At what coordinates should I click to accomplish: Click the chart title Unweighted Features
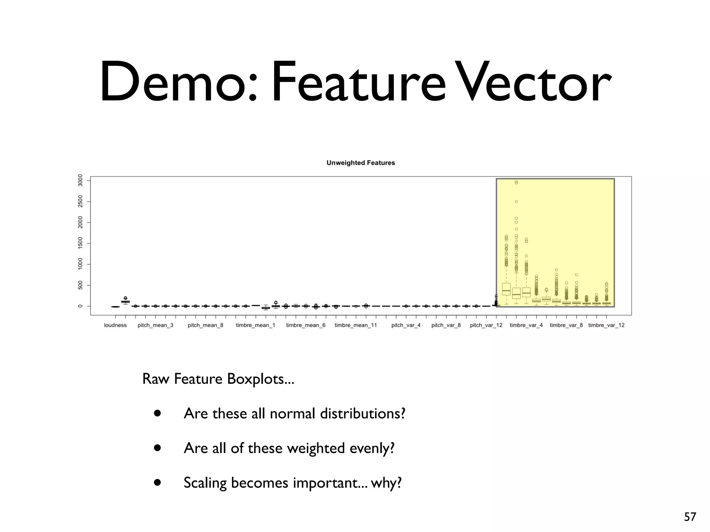tap(361, 163)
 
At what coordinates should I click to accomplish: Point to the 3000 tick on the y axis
tap(80, 180)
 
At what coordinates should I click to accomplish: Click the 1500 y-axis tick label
tap(80, 243)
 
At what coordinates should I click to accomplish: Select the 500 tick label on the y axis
tap(80, 285)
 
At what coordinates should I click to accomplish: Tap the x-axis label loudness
tap(115, 325)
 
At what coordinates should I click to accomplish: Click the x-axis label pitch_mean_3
tap(155, 325)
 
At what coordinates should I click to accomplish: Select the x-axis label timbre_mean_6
tap(305, 325)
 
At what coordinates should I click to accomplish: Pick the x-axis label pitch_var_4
tap(406, 325)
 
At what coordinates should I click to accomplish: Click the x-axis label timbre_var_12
tap(606, 325)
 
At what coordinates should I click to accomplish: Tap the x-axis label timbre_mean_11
tap(355, 325)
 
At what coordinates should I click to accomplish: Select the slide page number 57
tap(690, 517)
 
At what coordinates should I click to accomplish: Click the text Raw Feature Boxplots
tap(218, 379)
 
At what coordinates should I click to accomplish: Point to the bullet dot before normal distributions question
tap(158, 413)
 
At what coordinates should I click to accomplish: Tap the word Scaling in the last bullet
tap(205, 483)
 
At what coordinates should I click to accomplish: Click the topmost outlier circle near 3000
tap(516, 182)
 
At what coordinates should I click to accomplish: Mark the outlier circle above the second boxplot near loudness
tap(125, 298)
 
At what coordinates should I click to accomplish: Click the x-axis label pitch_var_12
tap(486, 325)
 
